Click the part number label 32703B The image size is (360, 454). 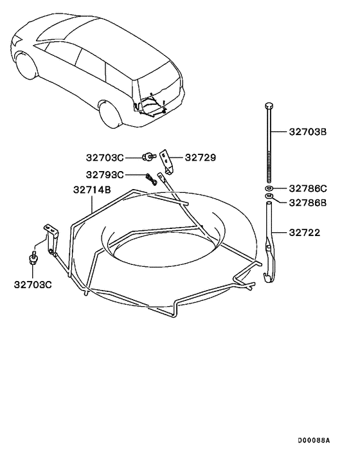point(307,132)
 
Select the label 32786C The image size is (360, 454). point(307,188)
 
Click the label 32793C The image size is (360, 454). point(106,175)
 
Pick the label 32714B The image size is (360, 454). point(92,190)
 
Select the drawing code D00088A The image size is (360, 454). point(313,441)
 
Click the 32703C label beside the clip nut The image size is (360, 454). point(106,157)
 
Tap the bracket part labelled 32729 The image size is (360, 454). point(169,161)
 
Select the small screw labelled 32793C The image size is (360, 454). point(152,178)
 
